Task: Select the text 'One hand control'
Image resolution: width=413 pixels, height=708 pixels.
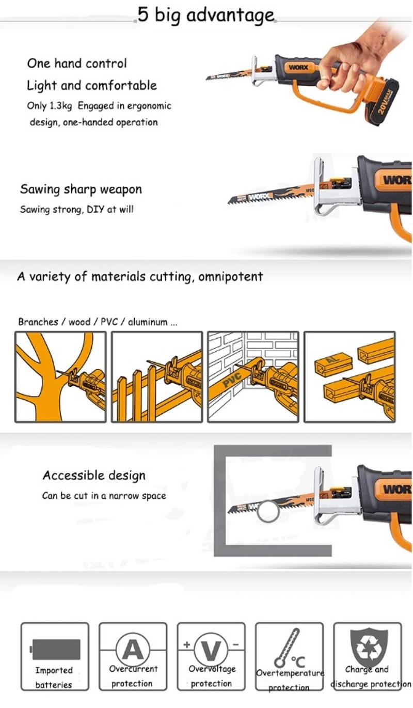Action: click(x=77, y=64)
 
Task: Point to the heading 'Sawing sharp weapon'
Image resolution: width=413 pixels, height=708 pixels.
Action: click(x=81, y=189)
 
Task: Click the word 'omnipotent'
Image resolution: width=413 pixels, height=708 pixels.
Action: click(x=227, y=276)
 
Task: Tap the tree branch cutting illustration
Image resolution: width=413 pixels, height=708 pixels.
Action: click(x=60, y=377)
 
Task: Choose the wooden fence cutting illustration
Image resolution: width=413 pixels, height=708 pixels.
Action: click(x=156, y=377)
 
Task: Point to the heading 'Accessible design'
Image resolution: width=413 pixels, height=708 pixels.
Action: click(x=94, y=475)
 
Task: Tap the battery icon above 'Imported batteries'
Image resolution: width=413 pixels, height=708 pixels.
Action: click(x=55, y=648)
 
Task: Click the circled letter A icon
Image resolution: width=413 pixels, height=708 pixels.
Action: click(x=133, y=649)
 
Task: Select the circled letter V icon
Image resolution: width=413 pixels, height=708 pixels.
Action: click(x=211, y=649)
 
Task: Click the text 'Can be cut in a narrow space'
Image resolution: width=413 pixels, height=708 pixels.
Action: click(x=104, y=496)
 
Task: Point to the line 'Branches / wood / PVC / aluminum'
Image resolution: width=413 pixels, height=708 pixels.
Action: click(x=98, y=322)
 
